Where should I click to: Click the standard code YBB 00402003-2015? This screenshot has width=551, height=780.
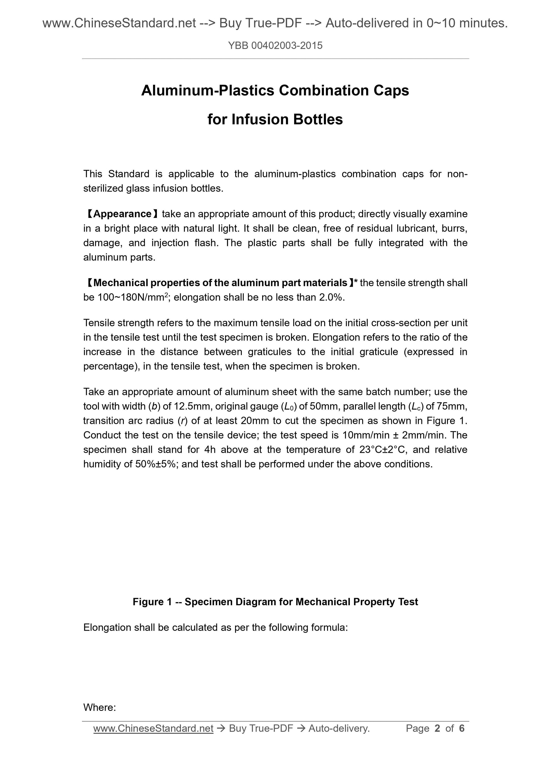click(x=275, y=46)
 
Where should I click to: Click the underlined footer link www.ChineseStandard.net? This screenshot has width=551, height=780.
click(x=153, y=728)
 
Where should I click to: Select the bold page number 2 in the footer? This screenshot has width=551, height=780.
click(x=437, y=728)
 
